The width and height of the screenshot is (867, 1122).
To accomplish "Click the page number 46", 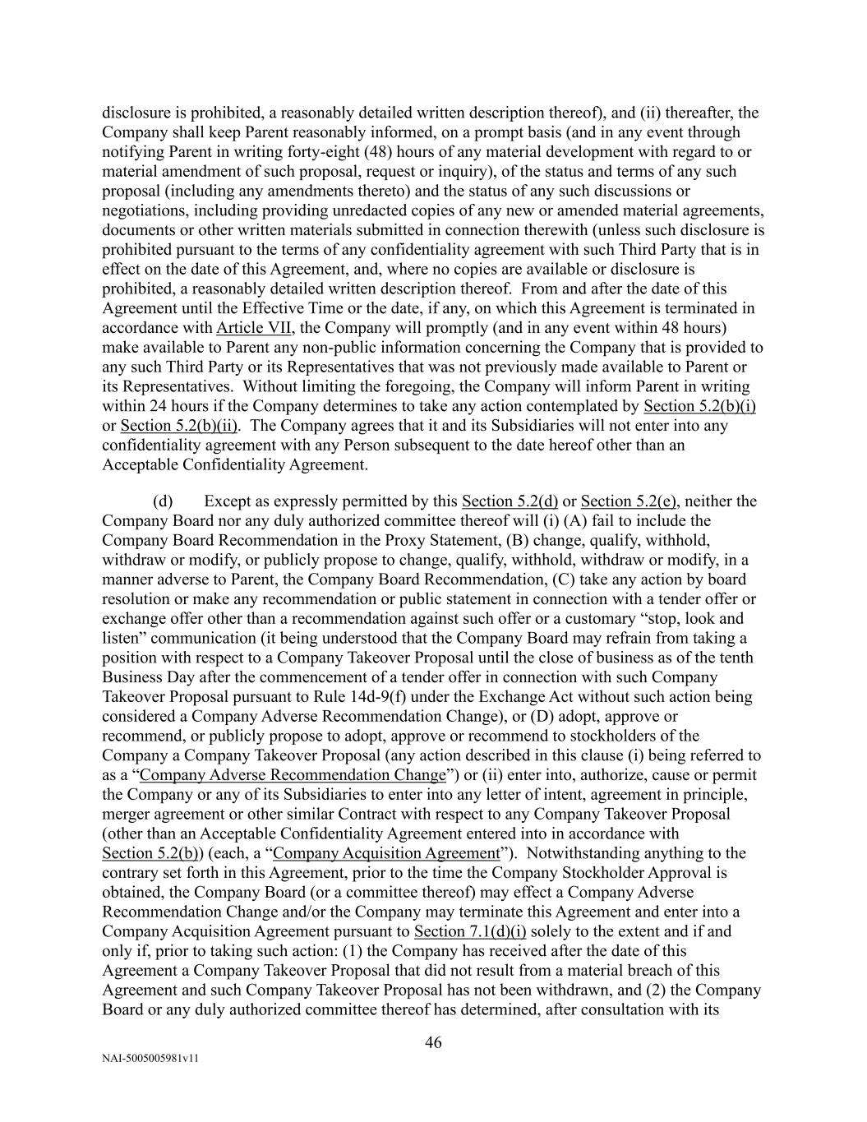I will pos(433,1043).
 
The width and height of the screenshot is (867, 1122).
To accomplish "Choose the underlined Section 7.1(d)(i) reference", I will pos(470,931).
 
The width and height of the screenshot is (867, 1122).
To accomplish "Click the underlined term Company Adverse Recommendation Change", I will pos(293,775).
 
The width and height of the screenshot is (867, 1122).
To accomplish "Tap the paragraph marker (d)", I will pos(163,501).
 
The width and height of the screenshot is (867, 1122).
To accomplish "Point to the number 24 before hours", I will pos(158,406).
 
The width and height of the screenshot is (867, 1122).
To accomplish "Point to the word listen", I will pos(119,639).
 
